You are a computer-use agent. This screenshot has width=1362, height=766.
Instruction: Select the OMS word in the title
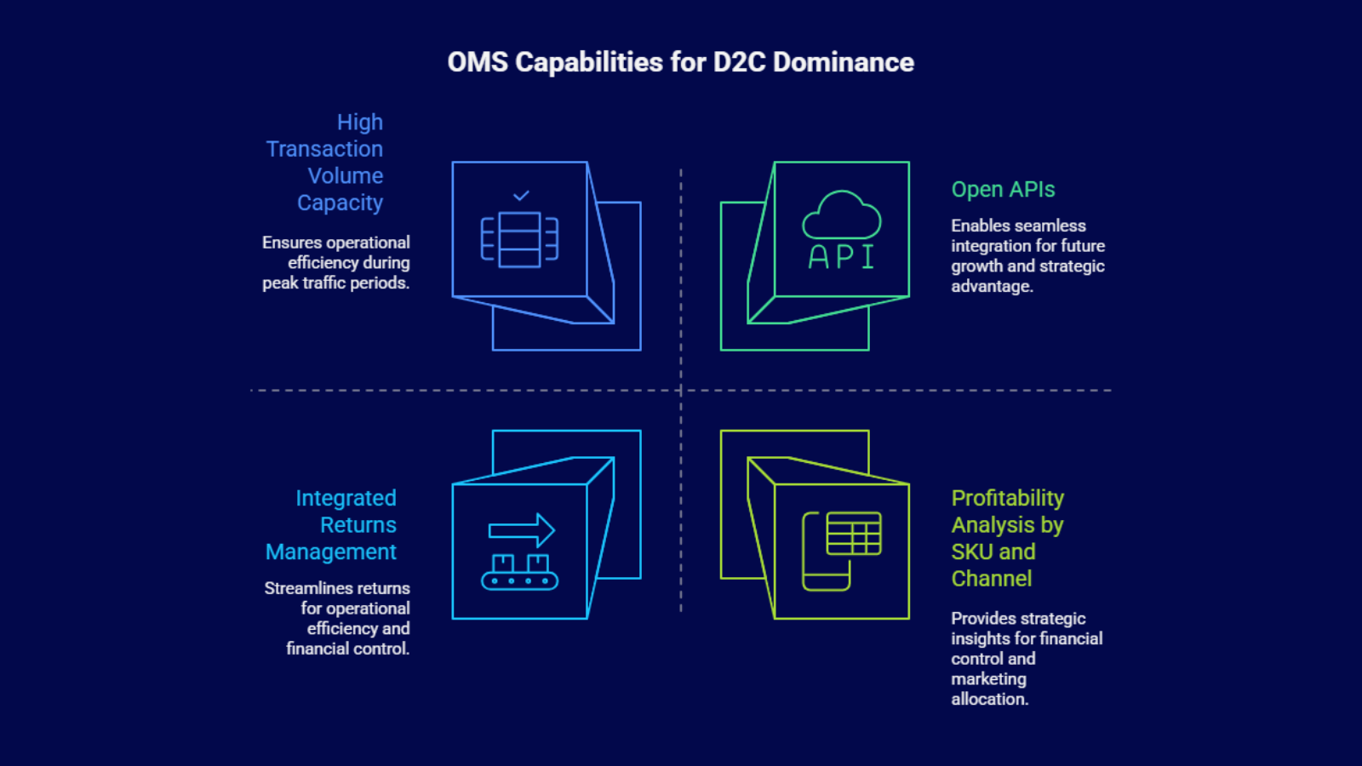tap(478, 62)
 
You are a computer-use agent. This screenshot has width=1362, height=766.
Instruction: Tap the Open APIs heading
tap(1003, 189)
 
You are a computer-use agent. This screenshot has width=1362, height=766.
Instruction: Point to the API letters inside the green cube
tap(841, 256)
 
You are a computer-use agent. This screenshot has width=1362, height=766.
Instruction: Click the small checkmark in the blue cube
tap(521, 196)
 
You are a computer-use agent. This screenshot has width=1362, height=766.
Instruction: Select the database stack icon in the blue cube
tap(519, 239)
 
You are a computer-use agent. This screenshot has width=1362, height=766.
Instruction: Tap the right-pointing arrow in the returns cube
tap(522, 530)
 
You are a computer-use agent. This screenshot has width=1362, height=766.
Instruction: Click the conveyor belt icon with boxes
tap(519, 573)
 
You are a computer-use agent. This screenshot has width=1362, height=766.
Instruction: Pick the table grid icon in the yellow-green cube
tap(853, 534)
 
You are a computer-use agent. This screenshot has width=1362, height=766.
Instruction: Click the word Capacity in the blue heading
tap(340, 203)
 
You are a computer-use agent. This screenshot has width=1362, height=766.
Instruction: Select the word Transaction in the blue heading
tap(324, 149)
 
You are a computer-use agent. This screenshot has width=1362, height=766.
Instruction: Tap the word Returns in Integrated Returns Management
tap(358, 524)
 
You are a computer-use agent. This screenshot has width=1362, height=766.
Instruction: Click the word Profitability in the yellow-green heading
tap(1007, 498)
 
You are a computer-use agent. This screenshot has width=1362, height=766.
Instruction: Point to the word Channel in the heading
tap(991, 579)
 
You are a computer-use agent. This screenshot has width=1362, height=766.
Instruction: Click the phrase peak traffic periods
tap(335, 283)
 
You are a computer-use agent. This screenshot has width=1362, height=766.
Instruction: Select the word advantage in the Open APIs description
tap(992, 286)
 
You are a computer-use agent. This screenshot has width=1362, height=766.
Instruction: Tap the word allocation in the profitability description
tap(989, 699)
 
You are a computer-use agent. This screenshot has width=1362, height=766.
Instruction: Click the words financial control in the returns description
tap(347, 649)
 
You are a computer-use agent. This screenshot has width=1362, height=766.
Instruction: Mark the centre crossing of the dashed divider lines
tap(681, 390)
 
